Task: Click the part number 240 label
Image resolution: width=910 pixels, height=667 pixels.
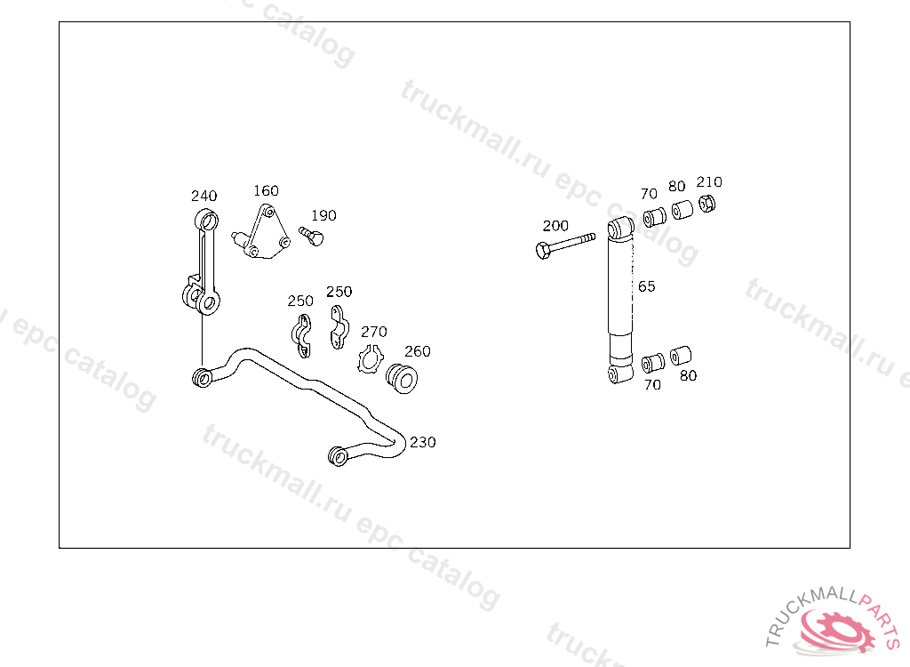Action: coord(204,196)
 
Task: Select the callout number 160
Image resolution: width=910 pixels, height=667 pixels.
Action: coord(266,190)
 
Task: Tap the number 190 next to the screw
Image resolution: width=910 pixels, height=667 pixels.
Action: coord(323,215)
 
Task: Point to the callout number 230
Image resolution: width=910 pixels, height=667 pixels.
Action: coord(422,442)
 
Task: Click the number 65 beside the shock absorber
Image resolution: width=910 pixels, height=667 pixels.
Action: coord(646,286)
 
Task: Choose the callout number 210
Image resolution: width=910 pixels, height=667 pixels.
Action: coord(709,181)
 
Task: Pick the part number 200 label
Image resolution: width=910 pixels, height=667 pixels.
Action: coord(555,226)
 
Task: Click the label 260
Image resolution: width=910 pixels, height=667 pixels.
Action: coord(417,351)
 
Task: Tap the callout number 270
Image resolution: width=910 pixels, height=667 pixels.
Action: coord(373,332)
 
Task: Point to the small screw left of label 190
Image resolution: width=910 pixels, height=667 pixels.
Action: coord(310,236)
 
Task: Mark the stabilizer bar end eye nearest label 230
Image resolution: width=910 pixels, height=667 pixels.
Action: coord(338,456)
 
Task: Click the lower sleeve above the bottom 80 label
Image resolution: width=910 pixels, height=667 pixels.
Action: coord(682,356)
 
